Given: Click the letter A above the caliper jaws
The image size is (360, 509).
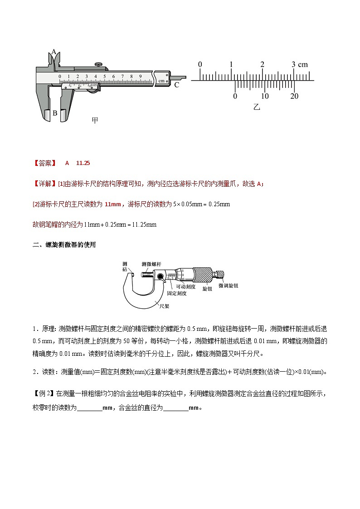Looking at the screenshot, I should pyautogui.click(x=54, y=52).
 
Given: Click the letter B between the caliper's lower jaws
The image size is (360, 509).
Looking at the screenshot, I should pyautogui.click(x=55, y=113).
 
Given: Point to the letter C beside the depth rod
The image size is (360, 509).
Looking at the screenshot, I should pyautogui.click(x=176, y=85).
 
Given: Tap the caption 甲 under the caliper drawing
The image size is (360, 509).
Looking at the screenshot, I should pyautogui.click(x=95, y=120).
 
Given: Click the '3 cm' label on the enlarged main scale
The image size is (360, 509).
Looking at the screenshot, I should pyautogui.click(x=300, y=64).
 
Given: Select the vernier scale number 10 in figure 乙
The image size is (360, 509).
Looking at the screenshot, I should pyautogui.click(x=265, y=96).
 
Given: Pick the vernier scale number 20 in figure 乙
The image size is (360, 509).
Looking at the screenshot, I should pyautogui.click(x=294, y=96).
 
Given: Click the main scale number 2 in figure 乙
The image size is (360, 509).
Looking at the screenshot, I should pyautogui.click(x=262, y=64).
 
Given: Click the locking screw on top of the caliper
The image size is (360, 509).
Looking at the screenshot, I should pyautogui.click(x=98, y=65).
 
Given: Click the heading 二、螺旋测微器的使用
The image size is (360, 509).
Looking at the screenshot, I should pyautogui.click(x=64, y=245).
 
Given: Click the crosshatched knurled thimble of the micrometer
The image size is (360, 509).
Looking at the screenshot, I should pyautogui.click(x=203, y=275).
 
